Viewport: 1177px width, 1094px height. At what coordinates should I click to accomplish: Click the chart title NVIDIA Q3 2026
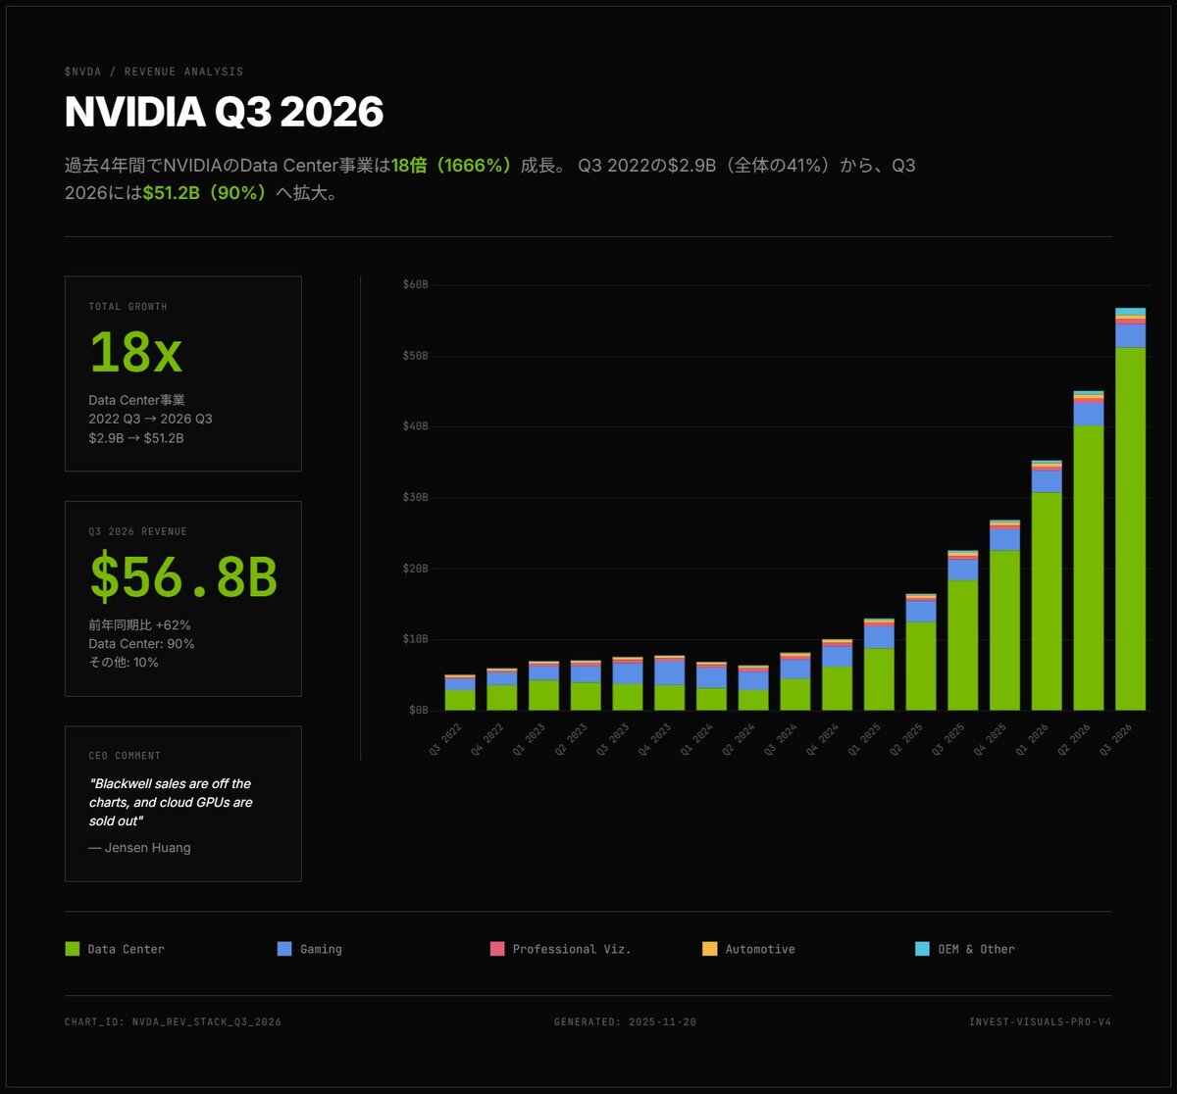coord(224,112)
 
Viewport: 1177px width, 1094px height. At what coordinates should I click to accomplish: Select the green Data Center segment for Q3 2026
coord(1130,529)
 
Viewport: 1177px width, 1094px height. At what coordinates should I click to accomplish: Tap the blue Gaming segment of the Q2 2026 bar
coord(1088,414)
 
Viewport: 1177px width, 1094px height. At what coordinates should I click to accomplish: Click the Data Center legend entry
coord(115,949)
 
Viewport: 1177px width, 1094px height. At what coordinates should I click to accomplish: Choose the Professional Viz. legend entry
coord(560,949)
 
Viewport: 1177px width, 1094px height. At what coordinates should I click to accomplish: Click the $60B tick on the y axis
coord(415,285)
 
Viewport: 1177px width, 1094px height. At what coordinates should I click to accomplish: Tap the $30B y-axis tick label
coord(415,498)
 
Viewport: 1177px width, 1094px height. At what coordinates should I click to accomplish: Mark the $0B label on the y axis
coord(418,710)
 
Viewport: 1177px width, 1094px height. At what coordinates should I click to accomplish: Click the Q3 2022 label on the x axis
coord(446,741)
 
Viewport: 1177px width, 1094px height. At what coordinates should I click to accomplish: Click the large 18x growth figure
coord(135,352)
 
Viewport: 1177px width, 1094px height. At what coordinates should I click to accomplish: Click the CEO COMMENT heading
coord(125,756)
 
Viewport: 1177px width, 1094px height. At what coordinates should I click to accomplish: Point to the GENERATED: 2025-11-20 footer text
coord(625,1022)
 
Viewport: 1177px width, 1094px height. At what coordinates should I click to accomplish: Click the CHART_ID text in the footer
coord(173,1022)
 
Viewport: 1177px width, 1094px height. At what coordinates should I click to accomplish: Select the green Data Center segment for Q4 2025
coord(1004,629)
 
